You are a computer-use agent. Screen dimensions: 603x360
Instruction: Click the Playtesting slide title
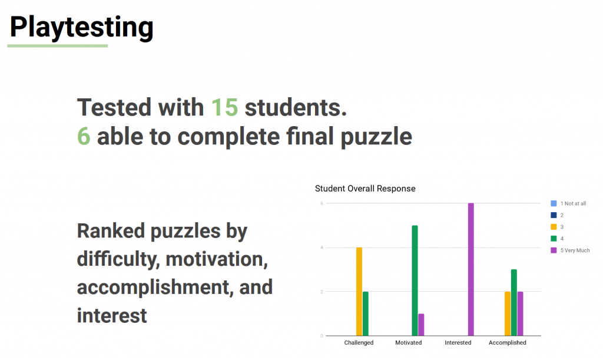81,27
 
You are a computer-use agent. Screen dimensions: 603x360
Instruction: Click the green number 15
224,107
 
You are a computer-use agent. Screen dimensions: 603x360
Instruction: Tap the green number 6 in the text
84,137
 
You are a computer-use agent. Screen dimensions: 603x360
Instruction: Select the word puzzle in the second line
376,137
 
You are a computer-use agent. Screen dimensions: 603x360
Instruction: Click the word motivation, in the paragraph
217,259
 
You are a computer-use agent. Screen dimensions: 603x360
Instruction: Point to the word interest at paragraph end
112,315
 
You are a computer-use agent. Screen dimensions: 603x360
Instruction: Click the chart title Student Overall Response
365,189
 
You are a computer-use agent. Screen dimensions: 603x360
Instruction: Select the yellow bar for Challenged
359,292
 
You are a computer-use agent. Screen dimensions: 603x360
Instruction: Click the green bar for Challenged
365,313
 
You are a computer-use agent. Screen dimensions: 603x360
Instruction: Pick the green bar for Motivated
415,280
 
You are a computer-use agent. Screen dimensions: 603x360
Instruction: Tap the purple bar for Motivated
421,325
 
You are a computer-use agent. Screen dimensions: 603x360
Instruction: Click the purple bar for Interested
471,269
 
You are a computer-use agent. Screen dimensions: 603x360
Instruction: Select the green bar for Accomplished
513,302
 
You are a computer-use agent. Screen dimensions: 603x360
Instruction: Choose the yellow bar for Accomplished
508,313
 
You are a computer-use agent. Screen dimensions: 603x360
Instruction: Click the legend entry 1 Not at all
568,203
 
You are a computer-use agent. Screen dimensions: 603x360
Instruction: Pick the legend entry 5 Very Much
570,250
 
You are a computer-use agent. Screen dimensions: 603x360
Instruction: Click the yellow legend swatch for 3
554,227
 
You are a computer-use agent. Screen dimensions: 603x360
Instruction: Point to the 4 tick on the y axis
322,247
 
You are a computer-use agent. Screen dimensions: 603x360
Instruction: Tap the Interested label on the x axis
458,343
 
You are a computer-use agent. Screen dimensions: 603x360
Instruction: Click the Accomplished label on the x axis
507,343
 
